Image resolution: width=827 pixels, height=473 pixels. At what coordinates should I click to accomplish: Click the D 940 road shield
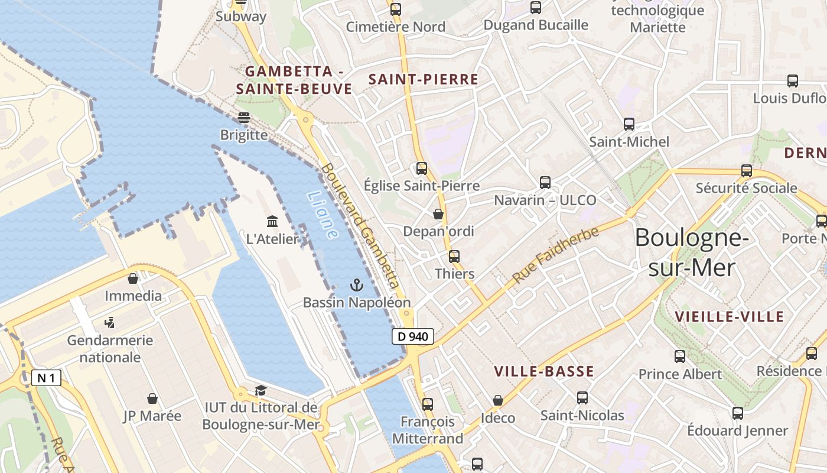[413, 336]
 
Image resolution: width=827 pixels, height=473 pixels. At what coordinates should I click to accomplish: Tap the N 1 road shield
[46, 377]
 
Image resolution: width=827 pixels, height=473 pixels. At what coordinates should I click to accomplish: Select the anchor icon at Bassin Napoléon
[356, 286]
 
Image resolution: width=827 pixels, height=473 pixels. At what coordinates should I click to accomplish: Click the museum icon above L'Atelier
[272, 222]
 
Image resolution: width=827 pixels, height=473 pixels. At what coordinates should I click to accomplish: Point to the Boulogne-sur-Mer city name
[692, 252]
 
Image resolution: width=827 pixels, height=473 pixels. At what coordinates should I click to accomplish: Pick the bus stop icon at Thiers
[454, 257]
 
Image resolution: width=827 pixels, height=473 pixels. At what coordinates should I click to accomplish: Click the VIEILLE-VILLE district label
[729, 316]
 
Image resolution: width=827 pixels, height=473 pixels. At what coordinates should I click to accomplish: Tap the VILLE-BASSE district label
[543, 371]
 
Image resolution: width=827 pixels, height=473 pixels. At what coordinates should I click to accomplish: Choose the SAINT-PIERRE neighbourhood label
[423, 79]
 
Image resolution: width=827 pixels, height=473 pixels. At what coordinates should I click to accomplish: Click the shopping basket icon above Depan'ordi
[438, 214]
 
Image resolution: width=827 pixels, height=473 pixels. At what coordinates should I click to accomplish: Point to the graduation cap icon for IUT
[261, 390]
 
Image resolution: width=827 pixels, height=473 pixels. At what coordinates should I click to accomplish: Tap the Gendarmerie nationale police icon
[109, 323]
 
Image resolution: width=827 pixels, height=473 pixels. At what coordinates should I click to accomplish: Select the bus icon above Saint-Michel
[629, 124]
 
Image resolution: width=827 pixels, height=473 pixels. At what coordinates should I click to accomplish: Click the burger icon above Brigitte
[243, 118]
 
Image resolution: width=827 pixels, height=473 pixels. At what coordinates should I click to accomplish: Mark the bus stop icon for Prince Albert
[680, 357]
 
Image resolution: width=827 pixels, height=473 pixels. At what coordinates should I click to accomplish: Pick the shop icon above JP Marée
[152, 399]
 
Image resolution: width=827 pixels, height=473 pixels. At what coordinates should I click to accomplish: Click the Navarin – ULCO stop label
[545, 200]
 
